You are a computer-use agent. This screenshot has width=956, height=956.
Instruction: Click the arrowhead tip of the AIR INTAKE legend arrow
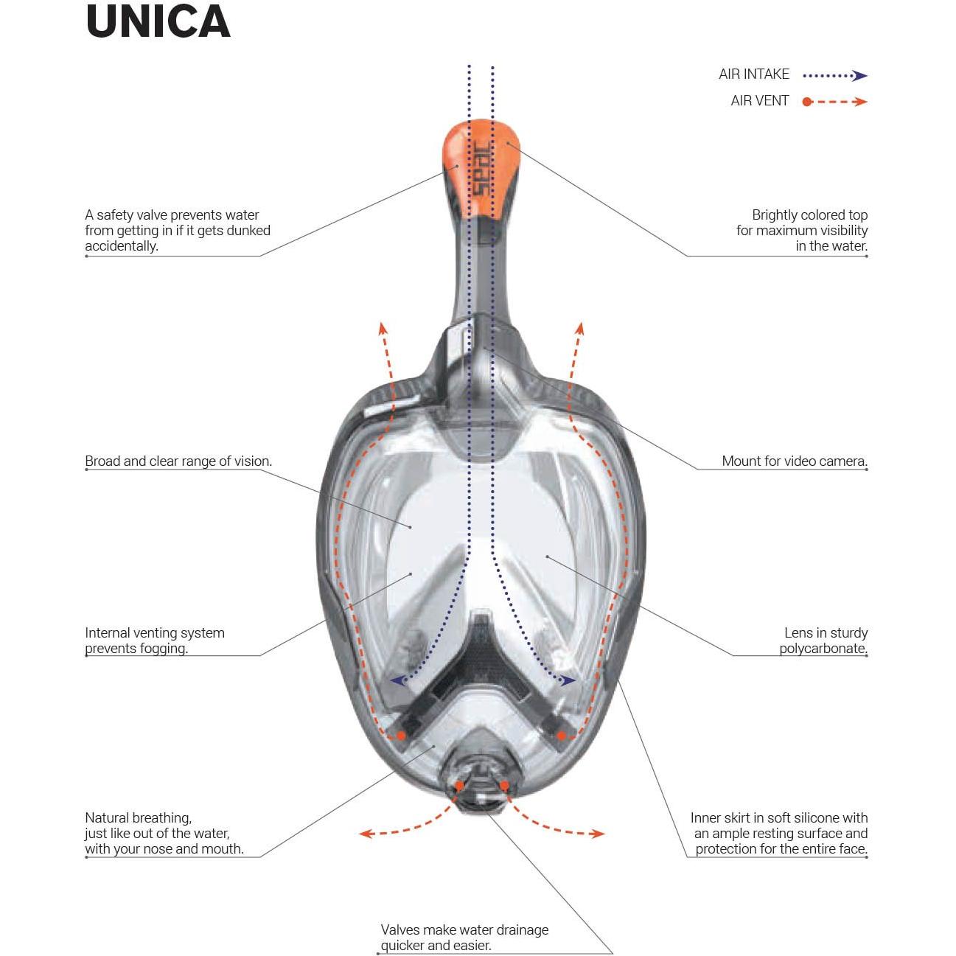click(x=868, y=76)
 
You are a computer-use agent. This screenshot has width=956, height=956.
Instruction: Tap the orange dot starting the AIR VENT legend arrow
click(x=807, y=102)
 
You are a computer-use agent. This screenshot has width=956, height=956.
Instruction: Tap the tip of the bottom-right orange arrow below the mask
click(x=605, y=834)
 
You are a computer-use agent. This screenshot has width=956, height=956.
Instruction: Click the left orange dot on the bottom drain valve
click(x=459, y=786)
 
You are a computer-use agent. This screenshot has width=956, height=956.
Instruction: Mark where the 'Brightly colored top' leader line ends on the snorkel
click(x=508, y=142)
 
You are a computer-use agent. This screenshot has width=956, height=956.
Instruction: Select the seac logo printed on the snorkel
click(x=481, y=170)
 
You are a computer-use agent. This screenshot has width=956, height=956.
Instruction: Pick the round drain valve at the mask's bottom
click(x=481, y=784)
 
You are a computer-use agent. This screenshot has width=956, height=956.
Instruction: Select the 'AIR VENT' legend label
click(x=759, y=101)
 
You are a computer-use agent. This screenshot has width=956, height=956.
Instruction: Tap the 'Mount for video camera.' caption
click(x=795, y=461)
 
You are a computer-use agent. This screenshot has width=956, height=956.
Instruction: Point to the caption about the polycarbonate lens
click(x=823, y=641)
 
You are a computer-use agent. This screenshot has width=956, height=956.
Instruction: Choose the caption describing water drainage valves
click(x=464, y=937)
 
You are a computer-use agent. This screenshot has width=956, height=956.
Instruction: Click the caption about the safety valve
click(x=178, y=230)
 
